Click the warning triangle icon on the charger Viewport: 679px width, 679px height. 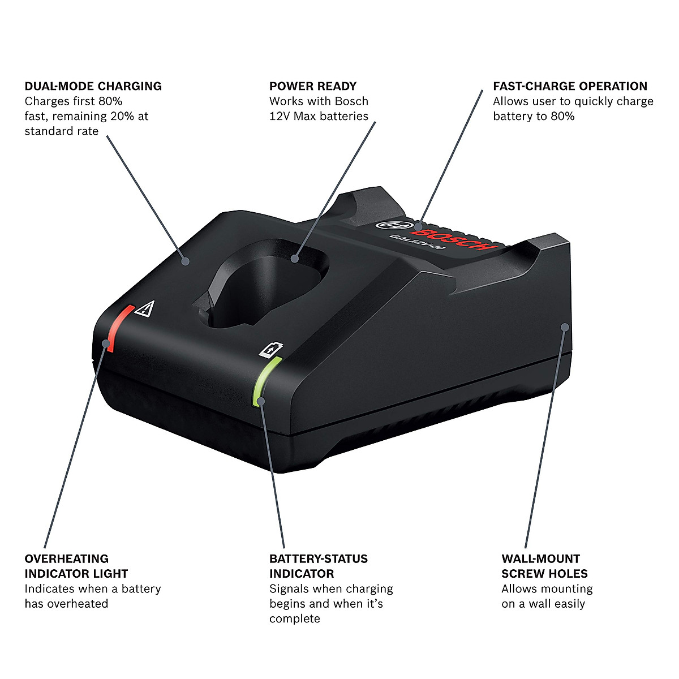click(x=146, y=308)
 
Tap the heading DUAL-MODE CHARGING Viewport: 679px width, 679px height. click(x=93, y=86)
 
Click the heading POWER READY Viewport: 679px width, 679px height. click(x=313, y=86)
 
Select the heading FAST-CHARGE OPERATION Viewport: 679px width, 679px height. click(x=570, y=86)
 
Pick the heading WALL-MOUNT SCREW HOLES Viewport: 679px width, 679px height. click(x=544, y=566)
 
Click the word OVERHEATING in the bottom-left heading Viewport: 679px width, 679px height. click(x=67, y=558)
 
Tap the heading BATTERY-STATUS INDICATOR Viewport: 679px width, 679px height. click(x=318, y=566)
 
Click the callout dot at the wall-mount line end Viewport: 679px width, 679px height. click(x=564, y=326)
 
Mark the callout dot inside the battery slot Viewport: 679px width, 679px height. click(x=294, y=259)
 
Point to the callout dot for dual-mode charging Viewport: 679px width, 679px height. click(x=185, y=261)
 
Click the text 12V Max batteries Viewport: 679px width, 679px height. click(x=319, y=116)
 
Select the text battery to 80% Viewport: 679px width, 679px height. click(x=534, y=116)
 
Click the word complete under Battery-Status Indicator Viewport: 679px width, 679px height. click(x=295, y=618)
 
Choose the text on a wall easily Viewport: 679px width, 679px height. click(x=543, y=603)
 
